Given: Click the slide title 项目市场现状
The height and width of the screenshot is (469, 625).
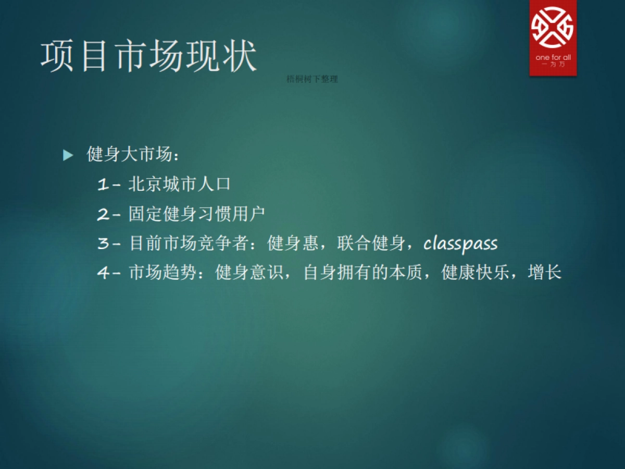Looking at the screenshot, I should tap(149, 57).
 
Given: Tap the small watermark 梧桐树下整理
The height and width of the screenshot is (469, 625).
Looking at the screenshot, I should tap(312, 79).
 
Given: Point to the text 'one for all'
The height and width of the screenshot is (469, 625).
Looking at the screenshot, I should tap(553, 57).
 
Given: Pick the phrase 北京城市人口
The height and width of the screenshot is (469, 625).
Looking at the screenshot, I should tap(179, 184).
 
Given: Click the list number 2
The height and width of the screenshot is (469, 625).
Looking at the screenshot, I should tap(103, 214).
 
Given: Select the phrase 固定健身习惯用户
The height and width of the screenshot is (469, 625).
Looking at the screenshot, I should tap(197, 214).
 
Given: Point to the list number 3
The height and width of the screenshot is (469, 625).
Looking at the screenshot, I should tap(103, 243).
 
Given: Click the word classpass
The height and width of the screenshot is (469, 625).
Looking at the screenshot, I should tap(460, 243).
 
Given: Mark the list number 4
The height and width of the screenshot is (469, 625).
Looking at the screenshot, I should tap(103, 273).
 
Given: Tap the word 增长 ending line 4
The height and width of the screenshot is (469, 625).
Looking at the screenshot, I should tap(544, 273).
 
